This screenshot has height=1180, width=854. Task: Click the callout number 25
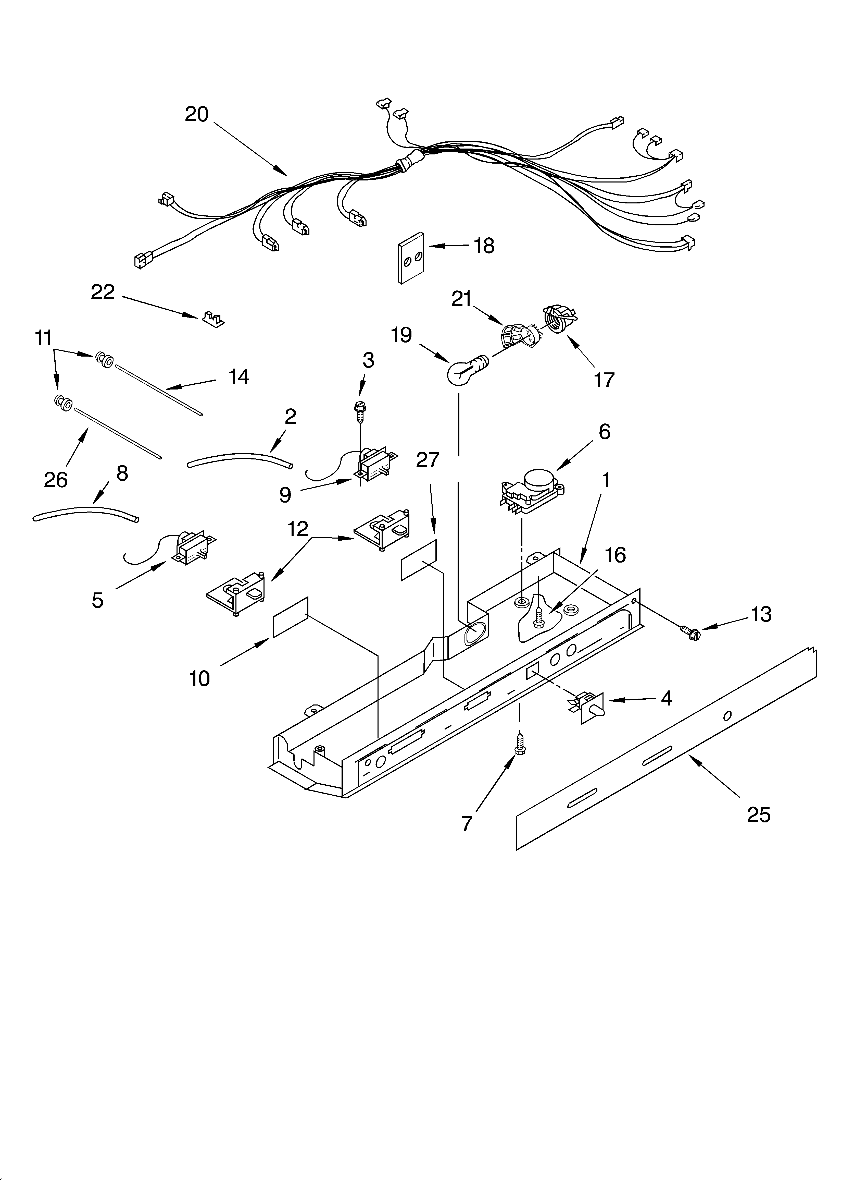[758, 815]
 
